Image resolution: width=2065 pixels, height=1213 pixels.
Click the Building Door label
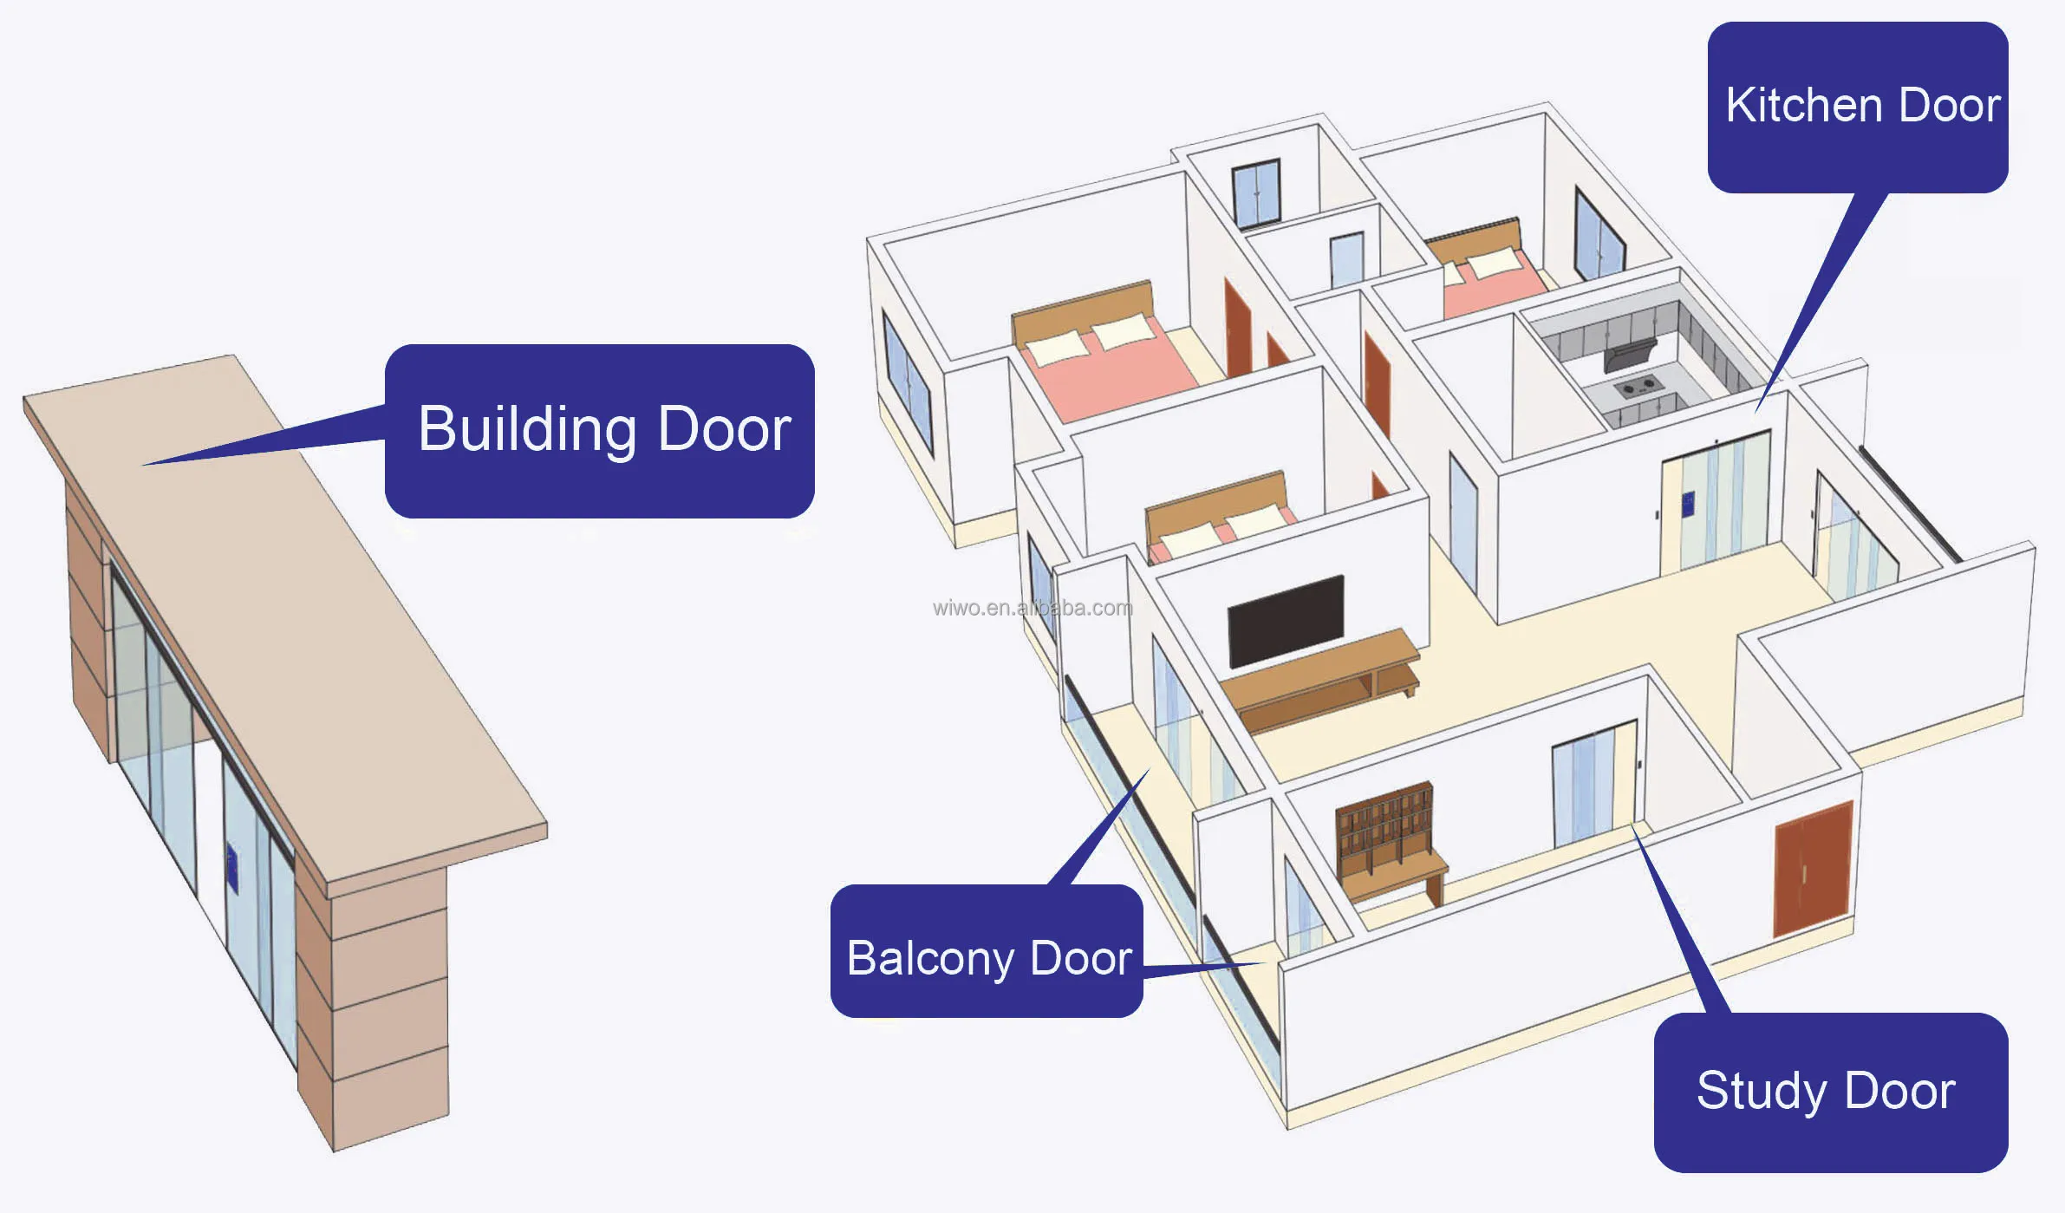[x=600, y=430]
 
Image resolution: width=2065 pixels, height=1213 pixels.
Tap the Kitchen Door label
[x=1857, y=107]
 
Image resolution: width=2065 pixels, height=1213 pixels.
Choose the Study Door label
[x=1829, y=1092]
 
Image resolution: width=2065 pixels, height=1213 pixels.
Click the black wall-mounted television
[x=1286, y=621]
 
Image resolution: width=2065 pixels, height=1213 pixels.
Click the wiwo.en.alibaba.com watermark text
[x=1032, y=608]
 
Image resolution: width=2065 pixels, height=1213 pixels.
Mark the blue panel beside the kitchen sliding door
[x=1687, y=504]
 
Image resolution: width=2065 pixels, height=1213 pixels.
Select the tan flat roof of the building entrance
[x=286, y=607]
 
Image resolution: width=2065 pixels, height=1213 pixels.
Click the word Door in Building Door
[x=724, y=430]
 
